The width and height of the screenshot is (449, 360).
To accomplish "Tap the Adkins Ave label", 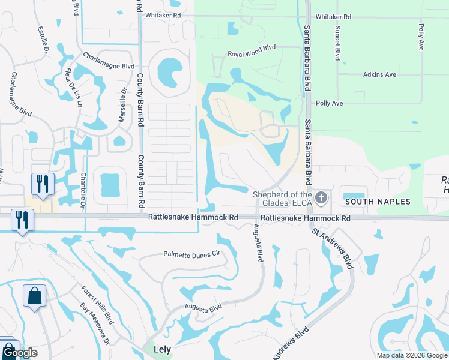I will [379, 74].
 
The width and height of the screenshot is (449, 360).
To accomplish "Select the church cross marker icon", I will [321, 197].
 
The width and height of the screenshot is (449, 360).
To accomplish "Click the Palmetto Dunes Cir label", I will [192, 254].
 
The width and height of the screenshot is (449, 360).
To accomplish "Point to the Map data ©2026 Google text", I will [411, 355].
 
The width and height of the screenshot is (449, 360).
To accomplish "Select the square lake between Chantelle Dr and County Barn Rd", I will [110, 185].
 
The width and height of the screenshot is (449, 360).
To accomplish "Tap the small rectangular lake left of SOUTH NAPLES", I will [354, 193].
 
